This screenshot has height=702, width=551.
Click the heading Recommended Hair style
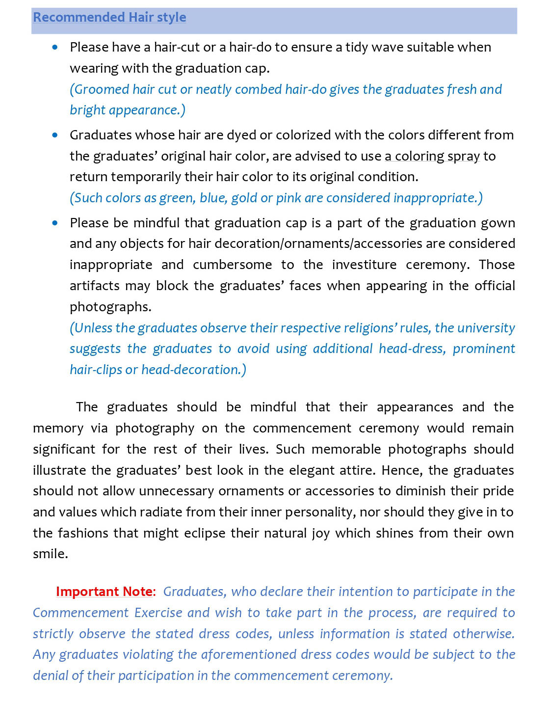[x=109, y=17]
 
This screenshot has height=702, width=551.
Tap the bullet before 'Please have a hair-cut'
[x=55, y=47]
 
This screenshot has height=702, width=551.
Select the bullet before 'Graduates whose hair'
[x=55, y=135]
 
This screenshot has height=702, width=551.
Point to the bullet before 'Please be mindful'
[x=55, y=223]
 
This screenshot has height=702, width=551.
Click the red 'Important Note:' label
[x=105, y=592]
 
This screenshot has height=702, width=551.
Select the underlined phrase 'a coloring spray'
[x=432, y=156]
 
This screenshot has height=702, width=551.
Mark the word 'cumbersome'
[x=232, y=265]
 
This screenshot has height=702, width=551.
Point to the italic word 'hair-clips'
[x=96, y=370]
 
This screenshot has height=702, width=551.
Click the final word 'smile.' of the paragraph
[x=50, y=554]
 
